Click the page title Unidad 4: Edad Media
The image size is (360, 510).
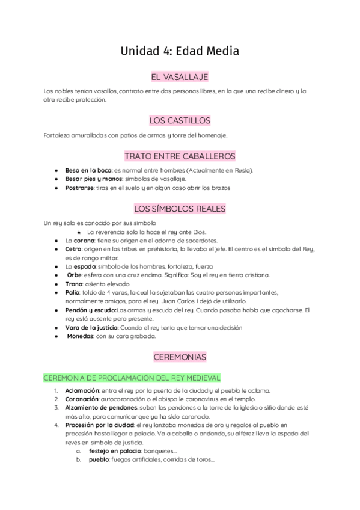(x=180, y=51)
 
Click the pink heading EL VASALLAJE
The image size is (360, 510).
(x=180, y=77)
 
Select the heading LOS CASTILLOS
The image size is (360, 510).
(x=180, y=120)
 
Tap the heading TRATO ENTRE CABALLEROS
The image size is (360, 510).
(x=180, y=156)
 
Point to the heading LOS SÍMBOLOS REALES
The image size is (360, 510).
(x=180, y=209)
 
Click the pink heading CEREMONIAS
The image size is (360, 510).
(x=180, y=357)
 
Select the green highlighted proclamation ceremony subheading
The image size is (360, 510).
(x=132, y=378)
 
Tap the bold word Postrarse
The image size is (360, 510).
(x=80, y=188)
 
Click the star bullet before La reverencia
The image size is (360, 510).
(x=79, y=232)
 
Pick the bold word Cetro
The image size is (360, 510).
(x=73, y=249)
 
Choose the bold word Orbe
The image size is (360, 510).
(x=75, y=275)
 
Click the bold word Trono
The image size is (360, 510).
(x=75, y=284)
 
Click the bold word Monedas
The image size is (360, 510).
(x=79, y=336)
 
